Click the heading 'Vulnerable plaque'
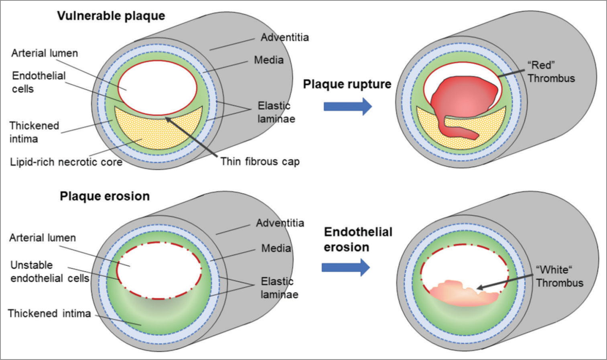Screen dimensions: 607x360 111,16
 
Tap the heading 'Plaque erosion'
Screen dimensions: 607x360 105,196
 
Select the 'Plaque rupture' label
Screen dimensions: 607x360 347,84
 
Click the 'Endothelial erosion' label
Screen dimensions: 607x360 358,239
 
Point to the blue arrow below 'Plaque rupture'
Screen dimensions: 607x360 348,107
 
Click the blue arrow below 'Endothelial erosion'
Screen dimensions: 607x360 346,267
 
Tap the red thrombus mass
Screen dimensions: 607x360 463,103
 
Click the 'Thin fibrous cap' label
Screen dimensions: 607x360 260,162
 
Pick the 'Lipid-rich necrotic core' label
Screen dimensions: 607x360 66,162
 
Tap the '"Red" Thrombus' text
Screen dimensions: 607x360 551,72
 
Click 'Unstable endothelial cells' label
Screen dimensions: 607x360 50,272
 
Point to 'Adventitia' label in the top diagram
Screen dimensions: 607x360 284,37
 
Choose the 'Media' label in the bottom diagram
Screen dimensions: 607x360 276,248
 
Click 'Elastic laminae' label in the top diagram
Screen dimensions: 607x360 276,112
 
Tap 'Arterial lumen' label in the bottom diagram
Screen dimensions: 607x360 43,238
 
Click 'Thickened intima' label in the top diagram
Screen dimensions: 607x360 34,132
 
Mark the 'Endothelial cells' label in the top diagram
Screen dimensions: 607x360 39,82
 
